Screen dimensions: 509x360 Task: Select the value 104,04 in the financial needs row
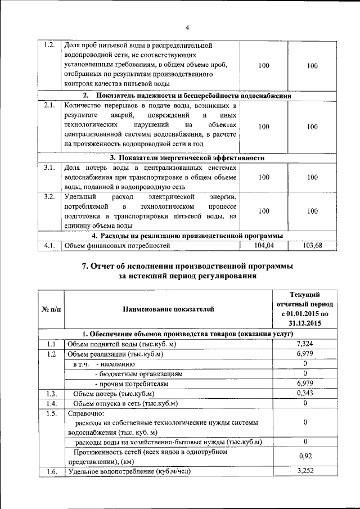(264, 245)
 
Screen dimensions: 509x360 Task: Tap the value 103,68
(312, 245)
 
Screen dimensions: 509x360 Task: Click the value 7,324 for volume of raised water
(304, 343)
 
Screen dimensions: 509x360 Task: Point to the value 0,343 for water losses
(304, 393)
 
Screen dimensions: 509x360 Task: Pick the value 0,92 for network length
(304, 457)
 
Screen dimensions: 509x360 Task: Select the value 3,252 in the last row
(304, 471)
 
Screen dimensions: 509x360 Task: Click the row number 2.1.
(49, 105)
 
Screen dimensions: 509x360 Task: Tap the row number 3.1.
(49, 168)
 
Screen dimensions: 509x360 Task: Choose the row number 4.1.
(49, 245)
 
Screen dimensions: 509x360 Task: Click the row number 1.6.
(51, 471)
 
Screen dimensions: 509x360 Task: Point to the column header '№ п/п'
(51, 309)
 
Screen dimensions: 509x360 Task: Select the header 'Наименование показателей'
(168, 309)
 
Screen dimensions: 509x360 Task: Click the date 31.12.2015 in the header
(304, 324)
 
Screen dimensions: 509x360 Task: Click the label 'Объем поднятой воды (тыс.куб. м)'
(122, 344)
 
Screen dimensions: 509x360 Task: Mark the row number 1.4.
(51, 403)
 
